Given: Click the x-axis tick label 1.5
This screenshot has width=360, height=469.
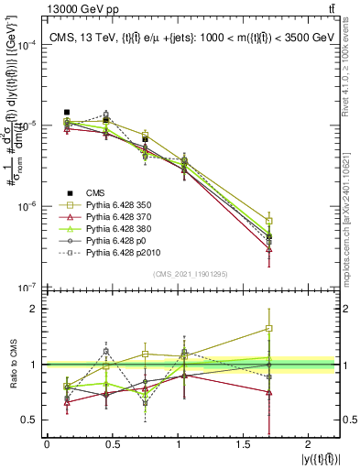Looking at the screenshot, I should pos(248,445).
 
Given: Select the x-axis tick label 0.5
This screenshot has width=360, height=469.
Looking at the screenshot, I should pos(113,445).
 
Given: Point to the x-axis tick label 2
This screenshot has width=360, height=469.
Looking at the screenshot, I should pos(316,445).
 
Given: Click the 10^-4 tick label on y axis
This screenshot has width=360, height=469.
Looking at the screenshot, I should pos(27,45).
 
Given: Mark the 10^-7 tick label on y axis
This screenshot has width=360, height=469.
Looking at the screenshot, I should pos(27,287).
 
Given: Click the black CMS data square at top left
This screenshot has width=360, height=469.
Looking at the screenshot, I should pos(67,112).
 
